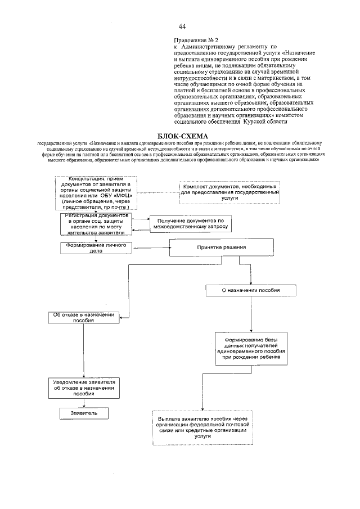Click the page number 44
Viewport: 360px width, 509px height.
pos(182,26)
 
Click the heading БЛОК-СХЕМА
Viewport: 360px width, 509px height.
pos(178,136)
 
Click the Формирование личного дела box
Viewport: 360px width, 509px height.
pos(96,248)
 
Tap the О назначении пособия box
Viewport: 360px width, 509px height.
pos(250,291)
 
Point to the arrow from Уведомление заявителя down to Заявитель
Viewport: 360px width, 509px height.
pos(84,402)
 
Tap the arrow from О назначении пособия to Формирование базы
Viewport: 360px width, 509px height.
pos(251,313)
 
